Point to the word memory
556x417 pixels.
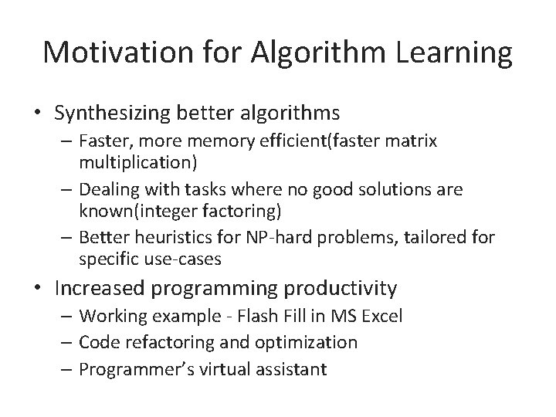pos(220,142)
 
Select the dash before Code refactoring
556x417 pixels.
pos(69,343)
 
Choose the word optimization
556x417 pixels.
pos(308,343)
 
